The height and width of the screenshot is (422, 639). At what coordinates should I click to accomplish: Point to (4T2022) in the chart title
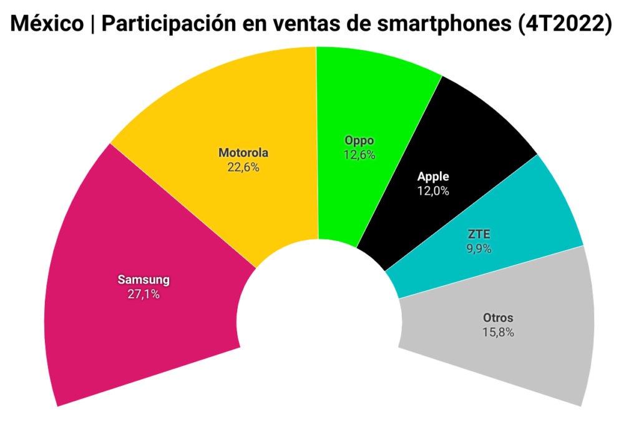565,24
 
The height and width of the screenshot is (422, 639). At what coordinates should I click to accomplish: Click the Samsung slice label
144,280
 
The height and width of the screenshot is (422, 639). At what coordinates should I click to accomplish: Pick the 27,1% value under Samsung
144,293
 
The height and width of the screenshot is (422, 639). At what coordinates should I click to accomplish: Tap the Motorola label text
243,153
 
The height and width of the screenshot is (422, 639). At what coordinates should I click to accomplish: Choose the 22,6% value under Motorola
243,167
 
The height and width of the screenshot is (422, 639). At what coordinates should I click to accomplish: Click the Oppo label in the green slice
359,141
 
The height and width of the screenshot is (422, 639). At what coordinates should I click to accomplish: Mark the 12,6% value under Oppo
359,155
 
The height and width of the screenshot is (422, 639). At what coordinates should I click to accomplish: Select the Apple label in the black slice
433,177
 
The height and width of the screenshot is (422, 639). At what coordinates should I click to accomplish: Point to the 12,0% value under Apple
433,191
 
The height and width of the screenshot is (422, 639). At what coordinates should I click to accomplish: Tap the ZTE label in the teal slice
479,235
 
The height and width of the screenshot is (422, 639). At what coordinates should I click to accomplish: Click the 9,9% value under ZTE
479,248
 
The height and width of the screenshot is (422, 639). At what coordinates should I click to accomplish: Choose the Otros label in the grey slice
497,318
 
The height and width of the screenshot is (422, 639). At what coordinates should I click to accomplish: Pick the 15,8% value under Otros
497,332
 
